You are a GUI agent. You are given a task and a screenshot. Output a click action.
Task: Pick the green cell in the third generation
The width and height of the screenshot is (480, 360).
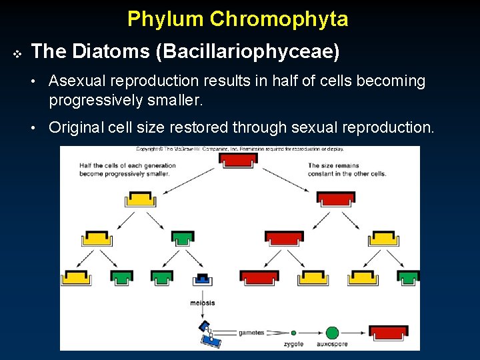183,237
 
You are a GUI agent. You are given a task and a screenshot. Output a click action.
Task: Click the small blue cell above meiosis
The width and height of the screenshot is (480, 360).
202,278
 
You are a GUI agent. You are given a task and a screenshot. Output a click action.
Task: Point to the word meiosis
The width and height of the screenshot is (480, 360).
203,303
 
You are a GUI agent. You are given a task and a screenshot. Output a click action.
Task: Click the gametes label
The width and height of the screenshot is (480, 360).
251,332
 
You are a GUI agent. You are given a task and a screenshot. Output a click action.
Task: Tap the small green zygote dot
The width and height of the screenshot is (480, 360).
293,332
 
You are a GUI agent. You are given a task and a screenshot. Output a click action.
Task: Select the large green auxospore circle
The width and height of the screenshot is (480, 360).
332,332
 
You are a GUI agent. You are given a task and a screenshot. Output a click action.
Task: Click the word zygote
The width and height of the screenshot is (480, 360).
293,344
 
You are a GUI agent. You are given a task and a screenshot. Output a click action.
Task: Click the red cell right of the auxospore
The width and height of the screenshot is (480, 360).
389,332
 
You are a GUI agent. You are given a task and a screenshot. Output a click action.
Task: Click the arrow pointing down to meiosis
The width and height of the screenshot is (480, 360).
202,292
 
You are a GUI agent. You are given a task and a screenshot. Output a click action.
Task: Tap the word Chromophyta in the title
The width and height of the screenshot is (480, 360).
279,19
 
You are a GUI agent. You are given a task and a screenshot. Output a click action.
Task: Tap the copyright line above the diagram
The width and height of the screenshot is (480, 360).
240,149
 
